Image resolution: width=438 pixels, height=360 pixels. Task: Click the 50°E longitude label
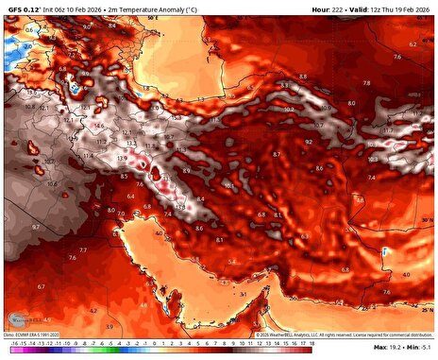pyautogui.click(x=150, y=17)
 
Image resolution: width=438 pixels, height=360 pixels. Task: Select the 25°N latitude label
pyautogui.click(x=428, y=308)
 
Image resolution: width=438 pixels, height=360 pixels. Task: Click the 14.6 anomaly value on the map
pyautogui.click(x=99, y=125)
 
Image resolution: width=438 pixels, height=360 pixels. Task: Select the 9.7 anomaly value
pyautogui.click(x=35, y=228)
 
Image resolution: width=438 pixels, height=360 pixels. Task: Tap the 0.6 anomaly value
pyautogui.click(x=29, y=30)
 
